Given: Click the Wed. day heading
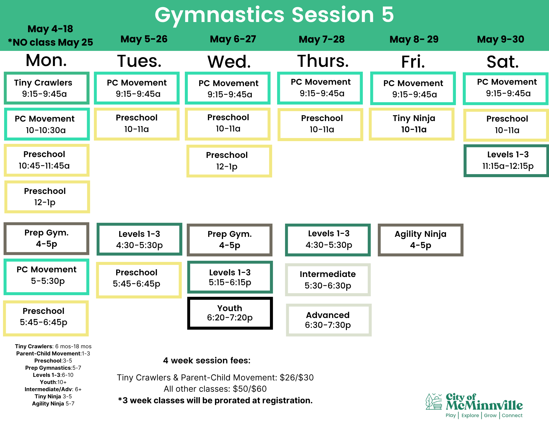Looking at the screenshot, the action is [229, 62].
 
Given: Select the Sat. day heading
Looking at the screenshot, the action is [503, 62].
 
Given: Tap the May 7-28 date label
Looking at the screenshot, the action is [322, 39].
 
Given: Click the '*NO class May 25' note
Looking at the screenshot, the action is [51, 42].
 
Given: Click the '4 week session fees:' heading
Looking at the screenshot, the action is [207, 360].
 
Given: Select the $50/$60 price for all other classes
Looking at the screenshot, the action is [250, 389].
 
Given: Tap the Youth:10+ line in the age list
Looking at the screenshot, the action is [53, 382].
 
